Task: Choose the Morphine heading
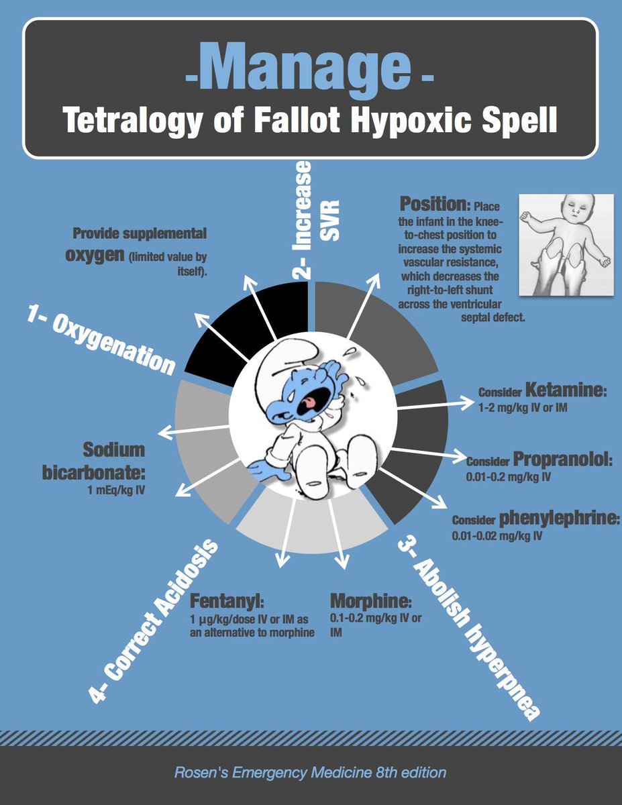(370, 599)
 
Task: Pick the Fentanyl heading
(219, 599)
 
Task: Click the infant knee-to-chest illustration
(566, 245)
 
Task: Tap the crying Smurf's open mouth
(311, 402)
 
